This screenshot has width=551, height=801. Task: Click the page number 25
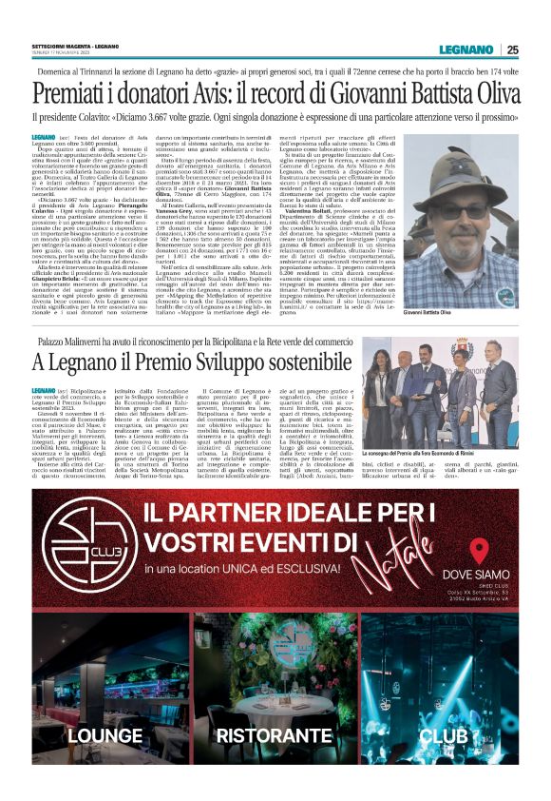pos(512,50)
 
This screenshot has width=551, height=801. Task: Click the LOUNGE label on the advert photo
pos(105,735)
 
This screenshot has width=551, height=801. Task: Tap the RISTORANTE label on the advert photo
pos(275,735)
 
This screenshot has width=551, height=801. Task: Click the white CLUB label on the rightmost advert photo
pos(444,735)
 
